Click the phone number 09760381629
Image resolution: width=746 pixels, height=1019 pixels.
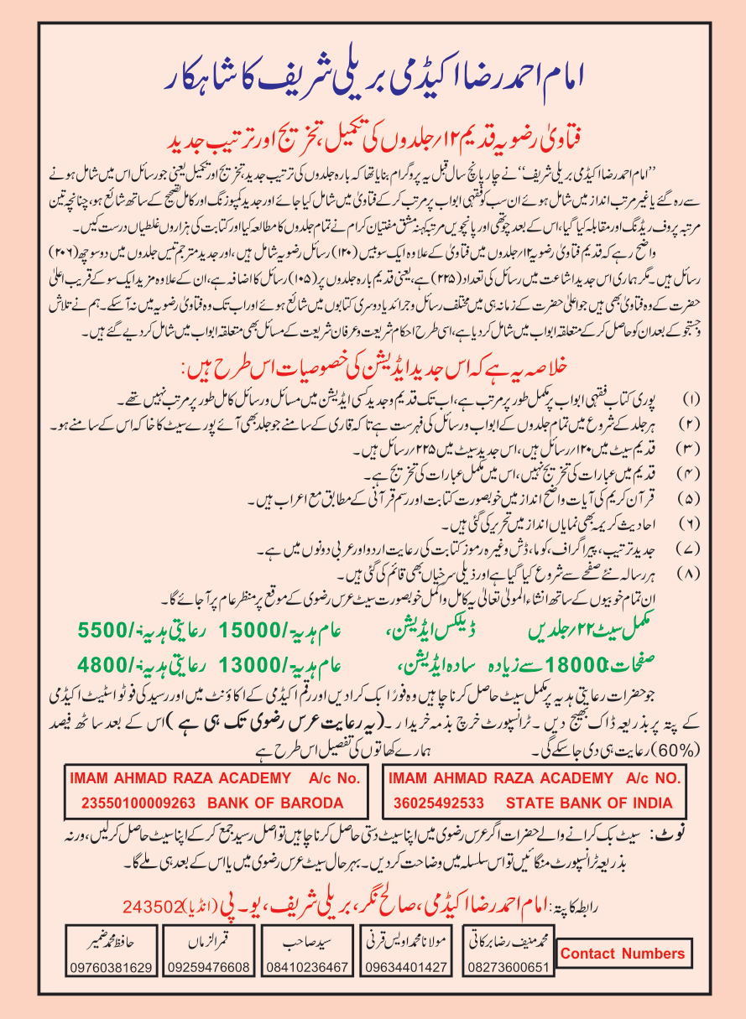click(x=112, y=967)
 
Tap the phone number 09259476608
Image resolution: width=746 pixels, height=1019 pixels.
click(x=210, y=967)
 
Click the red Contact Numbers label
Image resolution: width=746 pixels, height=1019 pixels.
click(x=622, y=954)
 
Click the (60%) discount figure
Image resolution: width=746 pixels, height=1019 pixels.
click(x=86, y=745)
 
